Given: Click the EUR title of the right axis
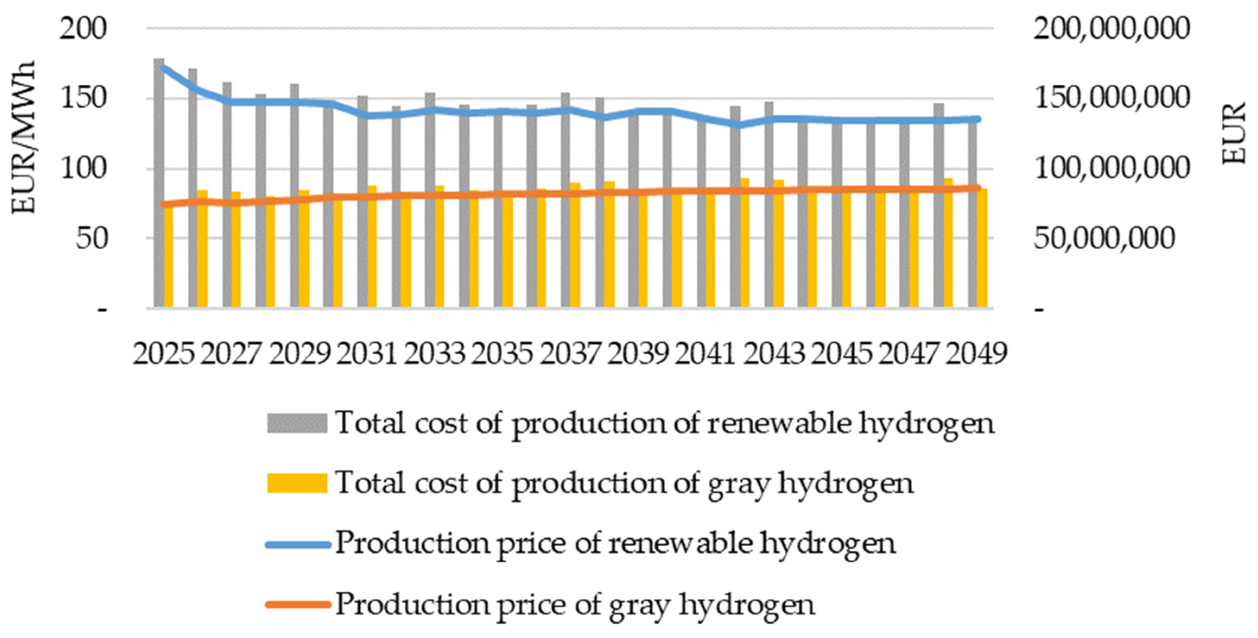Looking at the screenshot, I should pyautogui.click(x=1235, y=133).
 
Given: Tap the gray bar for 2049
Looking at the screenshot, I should pyautogui.click(x=973, y=215).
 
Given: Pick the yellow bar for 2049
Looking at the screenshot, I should pyautogui.click(x=982, y=249).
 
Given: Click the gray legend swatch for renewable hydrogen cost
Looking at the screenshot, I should pyautogui.click(x=297, y=423).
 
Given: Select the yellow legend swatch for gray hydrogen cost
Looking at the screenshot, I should pyautogui.click(x=297, y=483).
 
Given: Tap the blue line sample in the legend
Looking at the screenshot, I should pyautogui.click(x=297, y=544).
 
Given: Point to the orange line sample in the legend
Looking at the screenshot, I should pyautogui.click(x=297, y=605).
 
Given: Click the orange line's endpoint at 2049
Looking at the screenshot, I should pyautogui.click(x=978, y=188).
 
